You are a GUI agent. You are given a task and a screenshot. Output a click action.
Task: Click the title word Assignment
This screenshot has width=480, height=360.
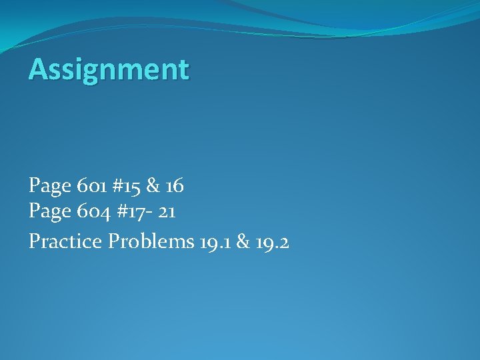tap(109, 69)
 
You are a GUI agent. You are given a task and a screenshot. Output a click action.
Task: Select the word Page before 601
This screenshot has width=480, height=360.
tap(49, 186)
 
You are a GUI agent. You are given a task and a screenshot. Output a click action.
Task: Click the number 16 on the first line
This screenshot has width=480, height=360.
tap(174, 186)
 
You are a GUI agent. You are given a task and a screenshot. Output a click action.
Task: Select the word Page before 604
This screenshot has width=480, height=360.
tap(49, 213)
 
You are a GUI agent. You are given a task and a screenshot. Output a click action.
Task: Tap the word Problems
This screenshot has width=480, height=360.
tap(151, 241)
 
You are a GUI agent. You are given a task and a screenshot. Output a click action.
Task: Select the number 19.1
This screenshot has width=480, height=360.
tap(214, 241)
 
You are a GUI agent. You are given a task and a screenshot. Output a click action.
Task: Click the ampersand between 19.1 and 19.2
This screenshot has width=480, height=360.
tap(243, 241)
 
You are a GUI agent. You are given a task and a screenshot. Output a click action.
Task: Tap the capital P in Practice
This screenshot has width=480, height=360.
tap(34, 241)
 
